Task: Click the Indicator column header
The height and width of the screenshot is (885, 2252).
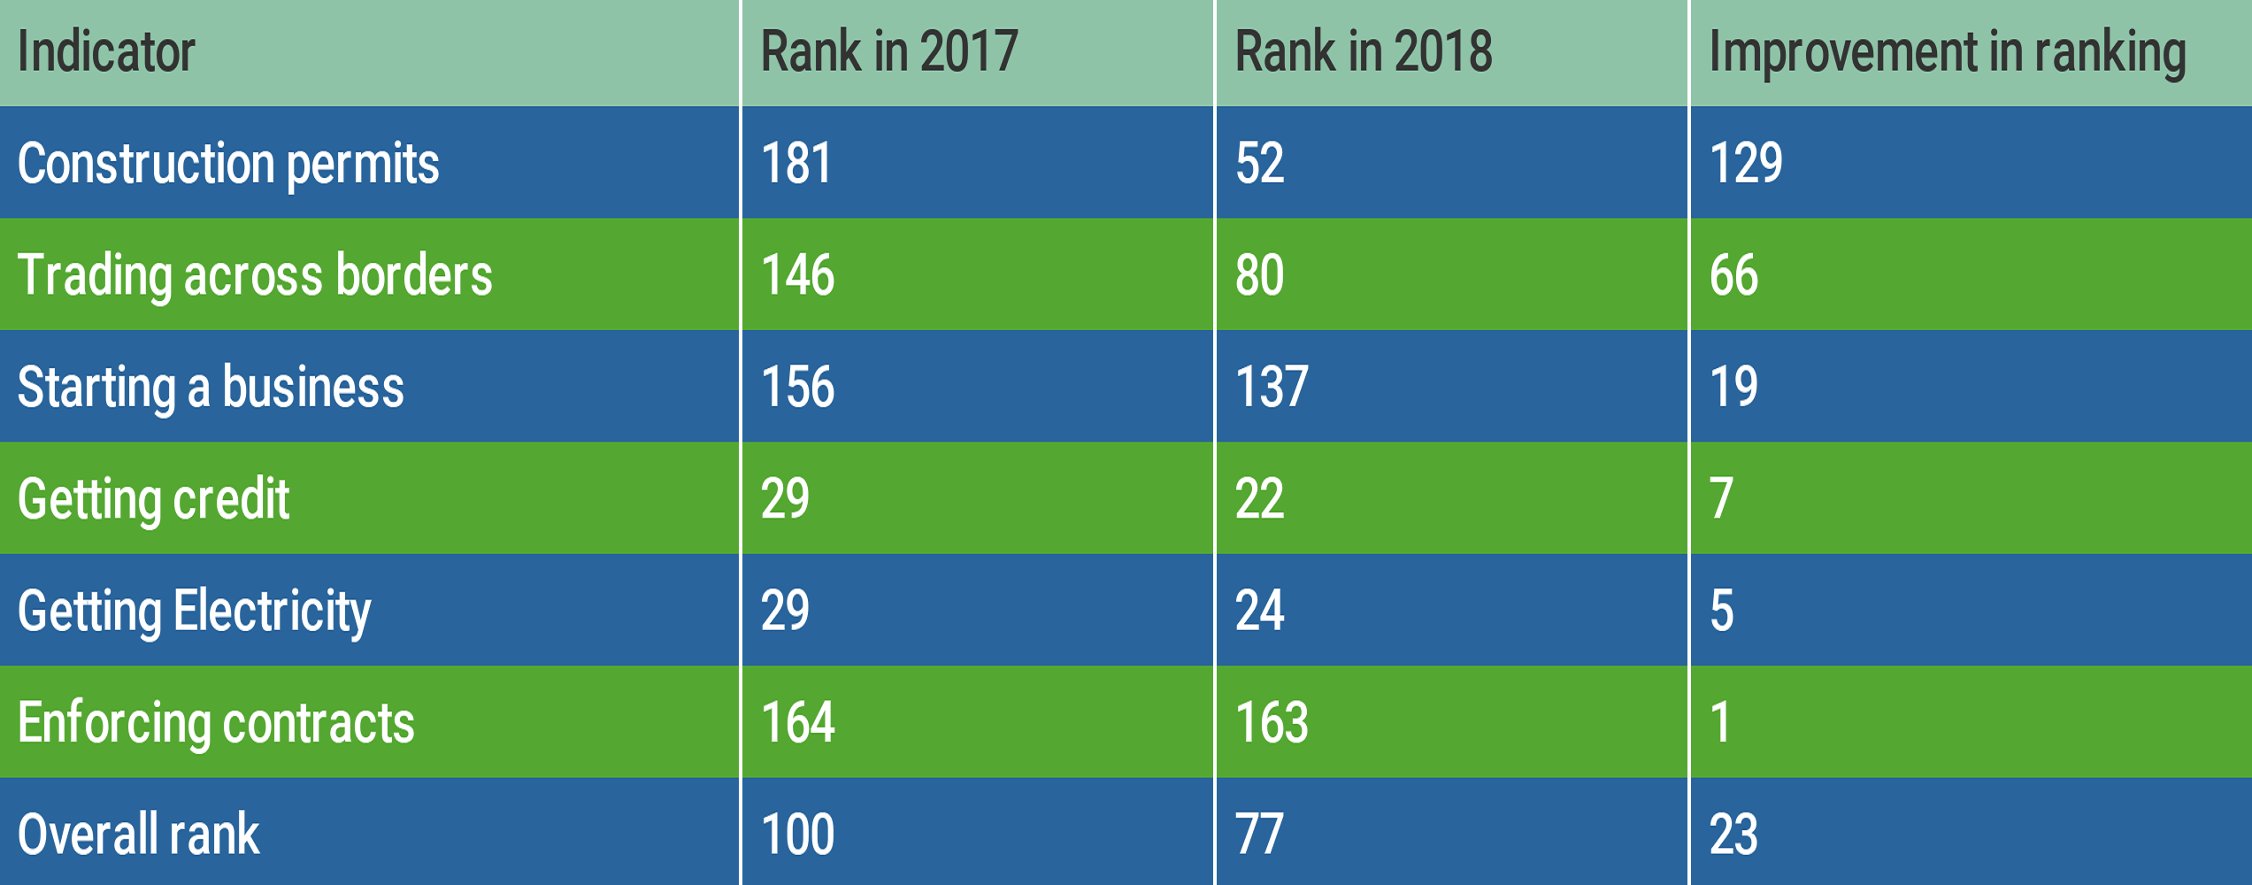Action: pos(106,51)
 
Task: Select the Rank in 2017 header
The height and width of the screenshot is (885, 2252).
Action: pos(889,51)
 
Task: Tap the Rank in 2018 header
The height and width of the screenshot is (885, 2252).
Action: pos(1364,51)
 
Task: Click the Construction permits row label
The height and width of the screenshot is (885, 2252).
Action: pos(228,165)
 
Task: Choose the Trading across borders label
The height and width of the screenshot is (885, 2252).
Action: pos(255,276)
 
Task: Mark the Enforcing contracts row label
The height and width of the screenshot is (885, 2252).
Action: pos(216,723)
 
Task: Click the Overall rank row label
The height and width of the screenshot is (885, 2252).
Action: pos(138,835)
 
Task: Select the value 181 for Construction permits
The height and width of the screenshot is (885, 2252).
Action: pos(796,164)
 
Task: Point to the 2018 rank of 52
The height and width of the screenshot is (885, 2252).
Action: pos(1259,164)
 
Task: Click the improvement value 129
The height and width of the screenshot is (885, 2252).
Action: pos(1746,164)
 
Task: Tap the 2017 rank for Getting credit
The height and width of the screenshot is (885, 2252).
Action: pos(785,498)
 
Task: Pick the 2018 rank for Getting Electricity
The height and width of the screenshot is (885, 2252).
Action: pos(1259,611)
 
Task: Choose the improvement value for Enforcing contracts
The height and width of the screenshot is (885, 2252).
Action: pos(1720,722)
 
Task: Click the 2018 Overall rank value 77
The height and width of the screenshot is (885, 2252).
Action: pos(1259,835)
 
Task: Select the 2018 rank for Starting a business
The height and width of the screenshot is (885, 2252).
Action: pos(1272,387)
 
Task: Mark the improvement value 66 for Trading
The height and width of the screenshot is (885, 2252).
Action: pos(1733,275)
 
